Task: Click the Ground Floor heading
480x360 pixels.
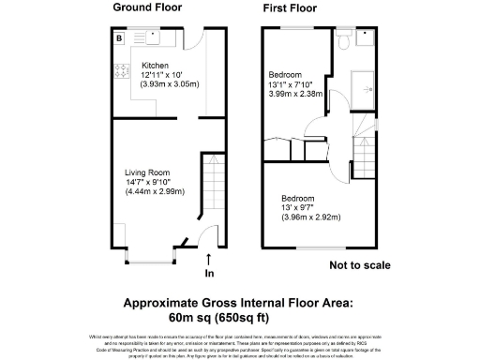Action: click(x=149, y=7)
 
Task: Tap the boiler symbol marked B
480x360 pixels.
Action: click(x=119, y=38)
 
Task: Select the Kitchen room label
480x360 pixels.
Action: click(x=128, y=66)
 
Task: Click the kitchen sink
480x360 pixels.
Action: click(x=155, y=38)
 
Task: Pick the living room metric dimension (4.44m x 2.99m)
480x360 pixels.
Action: click(x=155, y=192)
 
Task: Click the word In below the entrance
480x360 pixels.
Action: click(x=208, y=274)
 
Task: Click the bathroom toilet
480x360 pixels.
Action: click(x=345, y=39)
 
